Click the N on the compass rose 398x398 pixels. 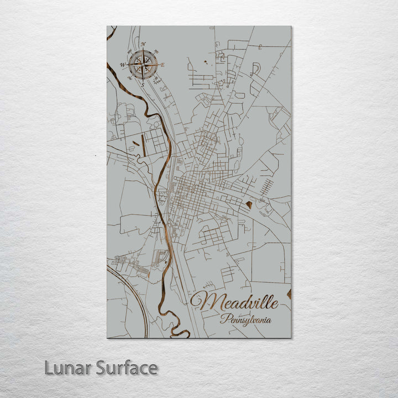(x=143, y=44)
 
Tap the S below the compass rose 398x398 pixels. (x=142, y=85)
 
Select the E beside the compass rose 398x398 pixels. (x=163, y=65)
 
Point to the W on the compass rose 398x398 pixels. (x=123, y=65)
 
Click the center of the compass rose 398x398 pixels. (x=143, y=65)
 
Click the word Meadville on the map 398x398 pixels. (x=239, y=302)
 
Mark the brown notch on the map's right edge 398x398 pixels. (x=289, y=294)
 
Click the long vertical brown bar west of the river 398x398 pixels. (x=143, y=144)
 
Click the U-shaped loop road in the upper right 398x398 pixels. (x=255, y=69)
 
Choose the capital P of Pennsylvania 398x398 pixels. (x=223, y=319)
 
